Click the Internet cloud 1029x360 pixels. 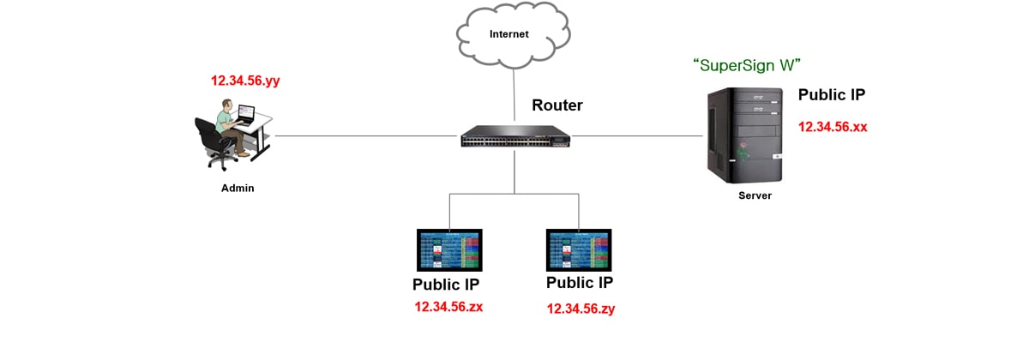coord(509,36)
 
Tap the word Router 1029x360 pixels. coord(557,105)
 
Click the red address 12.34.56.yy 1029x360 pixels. coord(245,81)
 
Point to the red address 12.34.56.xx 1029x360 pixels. coord(833,127)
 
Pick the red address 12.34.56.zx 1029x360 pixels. coord(448,306)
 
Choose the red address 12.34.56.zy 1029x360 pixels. coord(581,308)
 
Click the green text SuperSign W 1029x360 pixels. coord(751,64)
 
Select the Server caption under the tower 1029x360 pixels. coord(755,195)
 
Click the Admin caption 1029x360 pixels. coord(238,188)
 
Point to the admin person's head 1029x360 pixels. coord(225,106)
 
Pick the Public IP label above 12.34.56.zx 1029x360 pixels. coord(445,285)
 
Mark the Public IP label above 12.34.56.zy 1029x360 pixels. coord(580,283)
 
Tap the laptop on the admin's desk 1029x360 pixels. coord(246,114)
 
